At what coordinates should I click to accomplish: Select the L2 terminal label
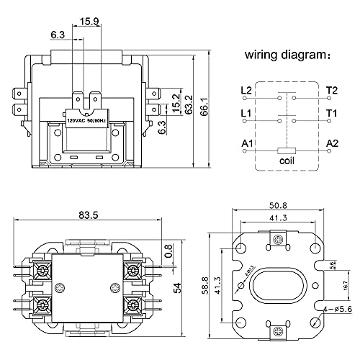pyautogui.click(x=246, y=91)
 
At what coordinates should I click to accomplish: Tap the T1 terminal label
pyautogui.click(x=331, y=114)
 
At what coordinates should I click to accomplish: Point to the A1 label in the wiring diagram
pyautogui.click(x=246, y=143)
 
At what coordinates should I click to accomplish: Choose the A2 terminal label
pyautogui.click(x=332, y=143)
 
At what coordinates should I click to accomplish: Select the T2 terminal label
pyautogui.click(x=331, y=91)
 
